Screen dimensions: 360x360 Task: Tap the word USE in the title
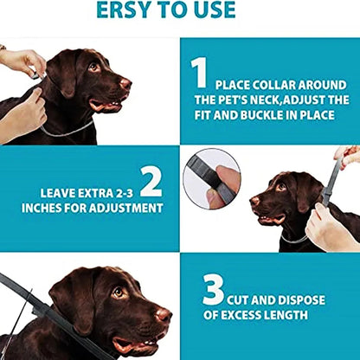tap(212, 10)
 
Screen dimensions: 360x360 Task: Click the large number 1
tap(199, 73)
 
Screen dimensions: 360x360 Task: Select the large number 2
tap(151, 181)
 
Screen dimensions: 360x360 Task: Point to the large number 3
tap(213, 290)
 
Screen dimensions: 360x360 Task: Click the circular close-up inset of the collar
tap(212, 177)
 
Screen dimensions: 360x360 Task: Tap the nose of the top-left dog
tap(125, 83)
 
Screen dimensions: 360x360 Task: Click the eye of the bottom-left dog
tap(118, 293)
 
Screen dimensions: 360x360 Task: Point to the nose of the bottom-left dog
tap(163, 314)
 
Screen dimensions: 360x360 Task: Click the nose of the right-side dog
tap(254, 201)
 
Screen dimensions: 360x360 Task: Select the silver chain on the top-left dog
tap(69, 132)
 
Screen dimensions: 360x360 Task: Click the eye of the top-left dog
tap(93, 67)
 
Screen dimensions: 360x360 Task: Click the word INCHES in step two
tap(62, 208)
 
